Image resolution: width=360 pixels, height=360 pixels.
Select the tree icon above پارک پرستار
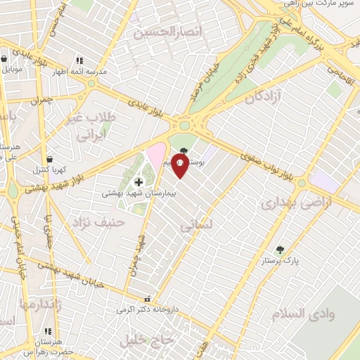pyautogui.click(x=281, y=249)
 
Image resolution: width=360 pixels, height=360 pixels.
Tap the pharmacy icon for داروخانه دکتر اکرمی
pyautogui.click(x=147, y=298)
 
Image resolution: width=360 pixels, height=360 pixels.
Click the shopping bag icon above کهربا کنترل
pyautogui.click(x=49, y=159)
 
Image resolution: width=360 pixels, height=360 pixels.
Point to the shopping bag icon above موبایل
pyautogui.click(x=5, y=59)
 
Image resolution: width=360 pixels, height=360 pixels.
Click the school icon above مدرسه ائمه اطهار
pyautogui.click(x=79, y=61)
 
